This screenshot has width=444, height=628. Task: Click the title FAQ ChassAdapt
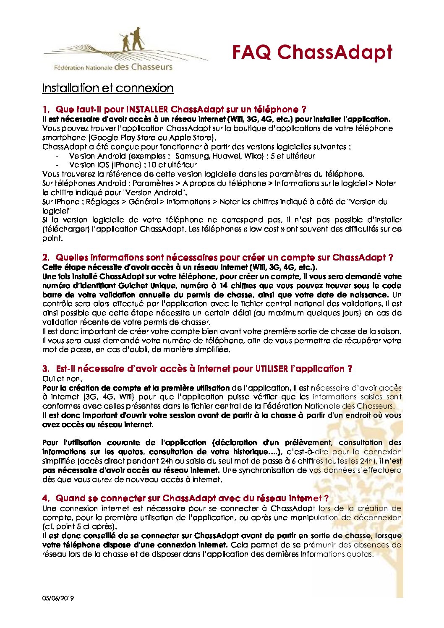click(312, 52)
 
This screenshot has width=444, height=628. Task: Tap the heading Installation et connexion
click(107, 88)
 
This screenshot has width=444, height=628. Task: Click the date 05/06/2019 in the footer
click(58, 598)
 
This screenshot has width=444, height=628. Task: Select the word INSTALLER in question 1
click(147, 109)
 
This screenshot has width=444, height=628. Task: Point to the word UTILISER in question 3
click(272, 369)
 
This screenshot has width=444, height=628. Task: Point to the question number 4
click(45, 498)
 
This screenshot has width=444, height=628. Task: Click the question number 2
click(45, 258)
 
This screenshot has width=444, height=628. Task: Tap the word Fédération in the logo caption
click(69, 68)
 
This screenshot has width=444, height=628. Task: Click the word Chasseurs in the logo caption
click(151, 67)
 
